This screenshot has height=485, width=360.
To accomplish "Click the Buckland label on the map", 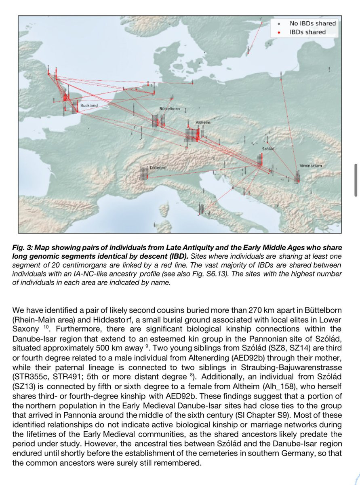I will coord(89,106).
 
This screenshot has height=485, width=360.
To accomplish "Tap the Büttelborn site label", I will coord(169,110).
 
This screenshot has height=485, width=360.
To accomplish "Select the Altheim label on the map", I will coord(202,122).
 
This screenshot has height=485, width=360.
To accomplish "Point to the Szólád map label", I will coord(268,149).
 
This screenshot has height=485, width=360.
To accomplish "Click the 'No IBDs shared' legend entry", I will coord(312,24).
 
